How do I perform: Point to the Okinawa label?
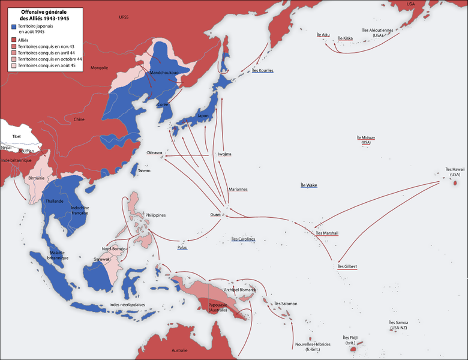pyautogui.click(x=154, y=152)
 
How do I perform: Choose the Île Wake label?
pyautogui.click(x=308, y=185)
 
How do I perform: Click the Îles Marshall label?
pyautogui.click(x=327, y=233)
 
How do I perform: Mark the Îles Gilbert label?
pyautogui.click(x=347, y=266)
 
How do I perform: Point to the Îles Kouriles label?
pyautogui.click(x=262, y=70)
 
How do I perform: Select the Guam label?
pyautogui.click(x=215, y=214)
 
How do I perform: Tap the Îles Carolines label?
pyautogui.click(x=243, y=239)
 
